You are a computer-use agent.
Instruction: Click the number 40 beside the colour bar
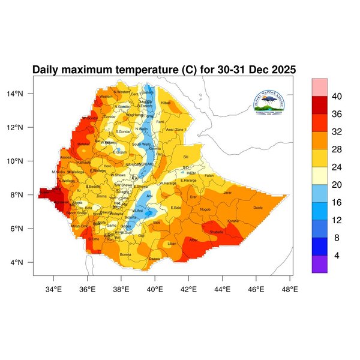[337, 96]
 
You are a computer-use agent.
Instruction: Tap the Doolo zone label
[259, 208]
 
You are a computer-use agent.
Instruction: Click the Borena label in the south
[125, 254]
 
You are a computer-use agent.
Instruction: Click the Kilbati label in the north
[166, 103]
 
